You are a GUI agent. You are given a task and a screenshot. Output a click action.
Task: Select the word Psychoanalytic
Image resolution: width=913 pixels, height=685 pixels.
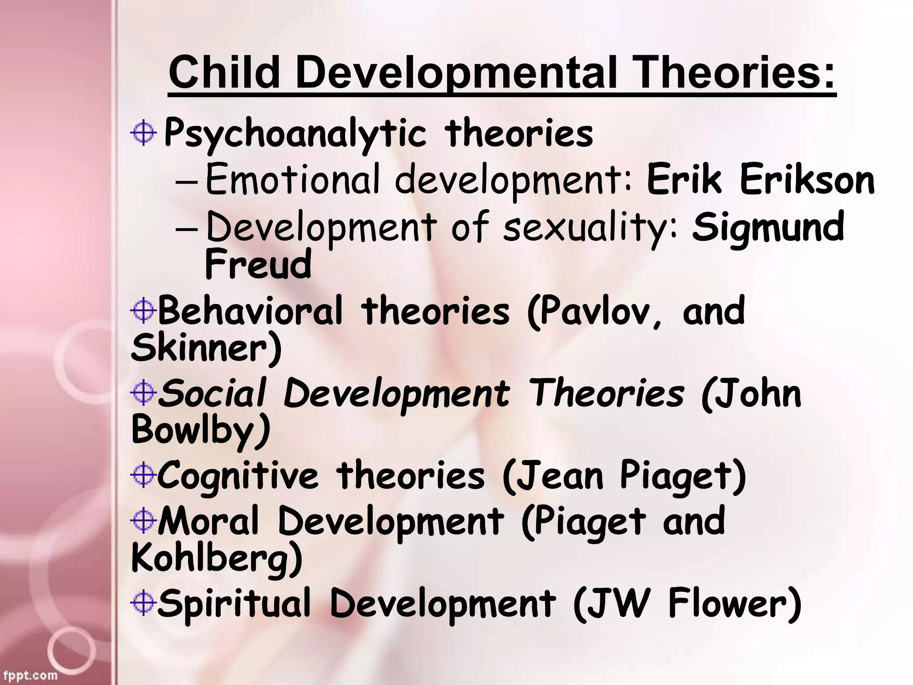pyautogui.click(x=295, y=134)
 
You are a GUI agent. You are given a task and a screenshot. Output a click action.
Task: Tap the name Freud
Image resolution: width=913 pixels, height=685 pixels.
pyautogui.click(x=258, y=264)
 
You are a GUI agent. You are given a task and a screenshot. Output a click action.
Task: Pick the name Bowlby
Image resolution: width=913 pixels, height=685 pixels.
pyautogui.click(x=201, y=431)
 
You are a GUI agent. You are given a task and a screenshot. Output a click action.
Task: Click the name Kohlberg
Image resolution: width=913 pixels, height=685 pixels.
pyautogui.click(x=217, y=558)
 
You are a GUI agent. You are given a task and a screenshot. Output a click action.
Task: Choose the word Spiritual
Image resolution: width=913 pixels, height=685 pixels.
pyautogui.click(x=234, y=604)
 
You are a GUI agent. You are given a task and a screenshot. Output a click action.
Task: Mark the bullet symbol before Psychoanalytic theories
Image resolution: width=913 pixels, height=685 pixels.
pyautogui.click(x=144, y=133)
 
